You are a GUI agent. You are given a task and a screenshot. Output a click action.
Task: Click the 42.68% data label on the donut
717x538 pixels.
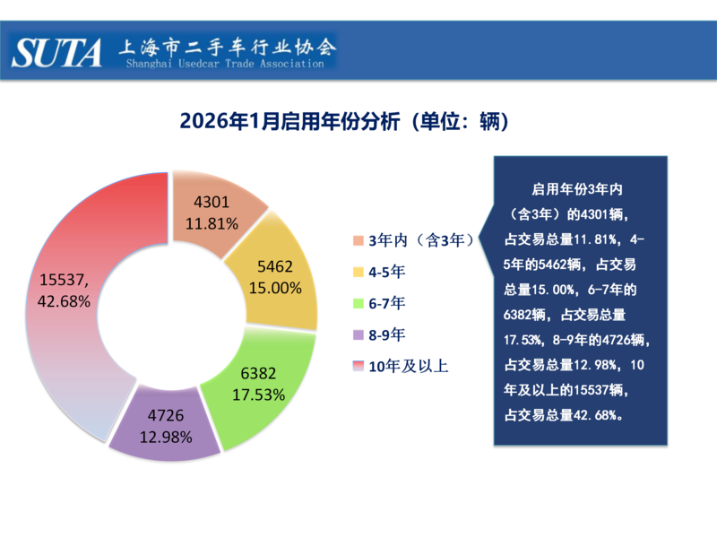tap(65, 302)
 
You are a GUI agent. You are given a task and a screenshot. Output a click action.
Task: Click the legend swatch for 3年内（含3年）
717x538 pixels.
tap(358, 240)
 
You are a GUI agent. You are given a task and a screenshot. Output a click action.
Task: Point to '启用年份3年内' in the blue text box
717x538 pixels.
tap(577, 190)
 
